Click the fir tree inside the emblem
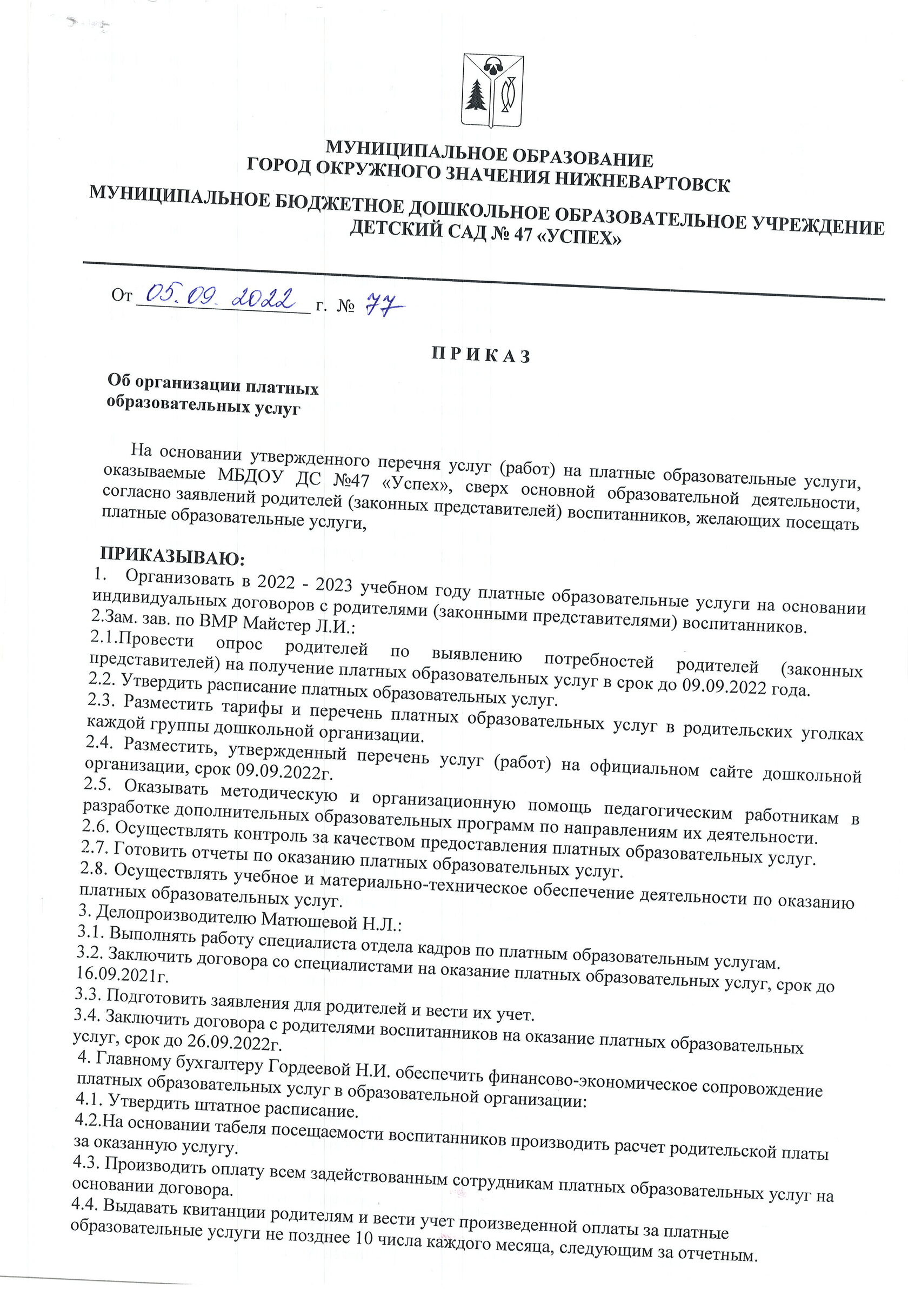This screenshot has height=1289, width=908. coord(478,96)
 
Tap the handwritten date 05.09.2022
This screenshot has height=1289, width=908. coord(221,296)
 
